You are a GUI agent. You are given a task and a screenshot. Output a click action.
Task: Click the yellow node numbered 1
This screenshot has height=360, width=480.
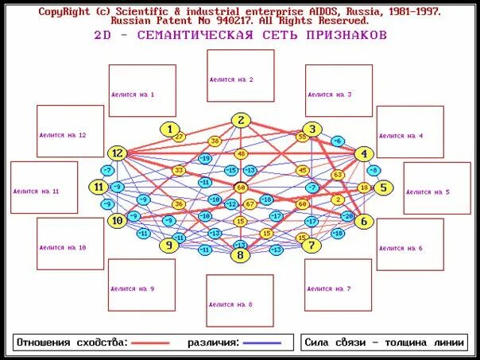point(169,129)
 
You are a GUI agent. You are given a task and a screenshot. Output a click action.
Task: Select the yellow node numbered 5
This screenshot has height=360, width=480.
point(383,188)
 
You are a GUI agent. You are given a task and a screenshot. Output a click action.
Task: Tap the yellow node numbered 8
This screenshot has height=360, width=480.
point(240,255)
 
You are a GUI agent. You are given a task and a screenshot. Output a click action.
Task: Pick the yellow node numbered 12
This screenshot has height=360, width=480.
point(118,153)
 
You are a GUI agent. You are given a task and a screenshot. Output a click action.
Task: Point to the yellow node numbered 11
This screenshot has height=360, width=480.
point(99,187)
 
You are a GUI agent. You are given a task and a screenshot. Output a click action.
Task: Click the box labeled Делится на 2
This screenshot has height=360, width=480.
point(240,75)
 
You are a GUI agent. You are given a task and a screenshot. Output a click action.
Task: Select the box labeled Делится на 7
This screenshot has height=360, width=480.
point(338,285)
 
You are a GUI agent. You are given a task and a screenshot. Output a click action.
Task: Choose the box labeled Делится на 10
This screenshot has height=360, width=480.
point(70,244)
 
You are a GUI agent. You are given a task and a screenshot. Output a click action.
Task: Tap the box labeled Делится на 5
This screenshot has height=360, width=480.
point(436,188)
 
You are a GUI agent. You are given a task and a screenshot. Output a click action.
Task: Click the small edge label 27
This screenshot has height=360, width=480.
point(179,137)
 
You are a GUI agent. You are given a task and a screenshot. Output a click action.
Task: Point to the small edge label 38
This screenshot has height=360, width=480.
point(215,141)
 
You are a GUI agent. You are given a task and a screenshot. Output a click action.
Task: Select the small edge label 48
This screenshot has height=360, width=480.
point(241,153)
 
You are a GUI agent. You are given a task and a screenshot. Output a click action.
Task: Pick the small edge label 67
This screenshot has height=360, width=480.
point(250,204)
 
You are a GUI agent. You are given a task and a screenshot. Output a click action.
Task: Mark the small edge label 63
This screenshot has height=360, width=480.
point(338,175)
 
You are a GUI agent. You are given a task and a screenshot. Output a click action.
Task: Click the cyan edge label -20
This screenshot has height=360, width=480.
point(346,216)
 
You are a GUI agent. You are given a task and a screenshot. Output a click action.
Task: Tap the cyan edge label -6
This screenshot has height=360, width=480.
point(338,141)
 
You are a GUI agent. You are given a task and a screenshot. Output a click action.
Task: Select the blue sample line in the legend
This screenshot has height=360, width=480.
point(261,343)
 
